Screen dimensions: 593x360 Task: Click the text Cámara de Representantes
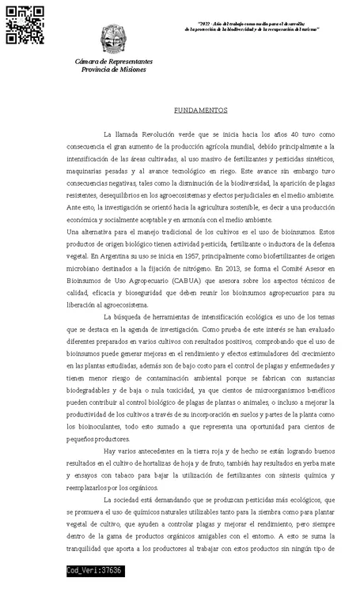click(x=113, y=61)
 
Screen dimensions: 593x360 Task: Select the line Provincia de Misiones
click(x=113, y=70)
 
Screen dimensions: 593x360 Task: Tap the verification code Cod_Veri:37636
click(x=95, y=570)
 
